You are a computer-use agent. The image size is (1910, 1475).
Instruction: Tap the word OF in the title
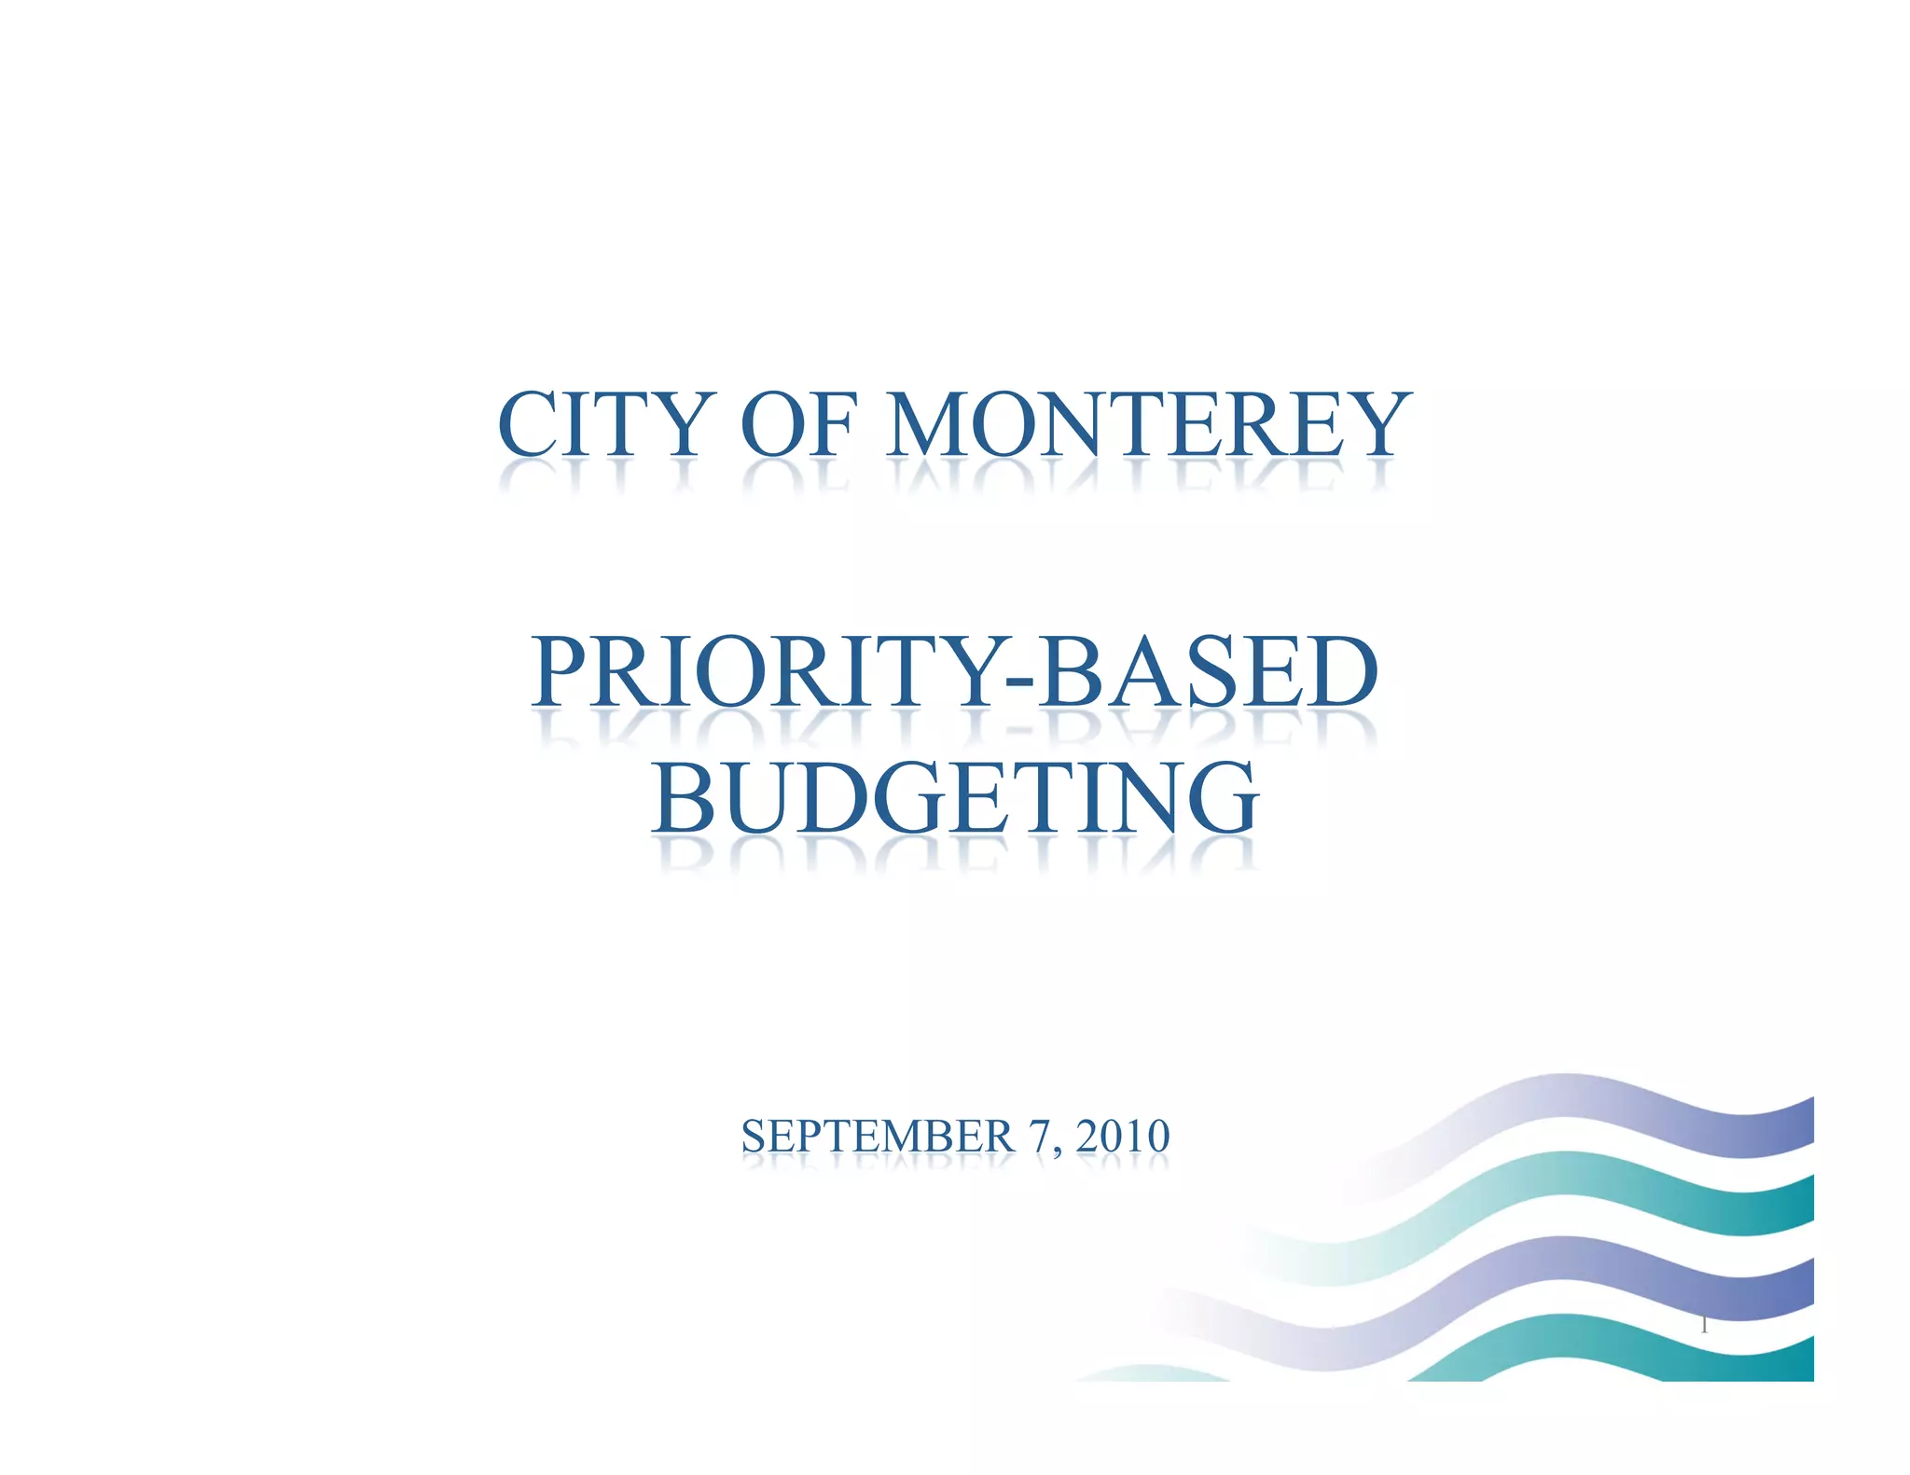(x=797, y=425)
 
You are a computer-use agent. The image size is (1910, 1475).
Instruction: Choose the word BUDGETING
(x=956, y=798)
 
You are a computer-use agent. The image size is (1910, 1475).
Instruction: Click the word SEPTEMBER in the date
(x=877, y=1137)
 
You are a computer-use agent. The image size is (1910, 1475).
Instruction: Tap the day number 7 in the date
(x=1039, y=1137)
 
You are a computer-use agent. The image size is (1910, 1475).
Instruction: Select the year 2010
(x=1123, y=1137)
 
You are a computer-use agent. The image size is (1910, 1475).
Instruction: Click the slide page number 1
(x=1704, y=1325)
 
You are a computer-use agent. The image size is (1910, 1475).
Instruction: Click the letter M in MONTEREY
(x=928, y=425)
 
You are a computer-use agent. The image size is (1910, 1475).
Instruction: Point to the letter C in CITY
(x=529, y=425)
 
